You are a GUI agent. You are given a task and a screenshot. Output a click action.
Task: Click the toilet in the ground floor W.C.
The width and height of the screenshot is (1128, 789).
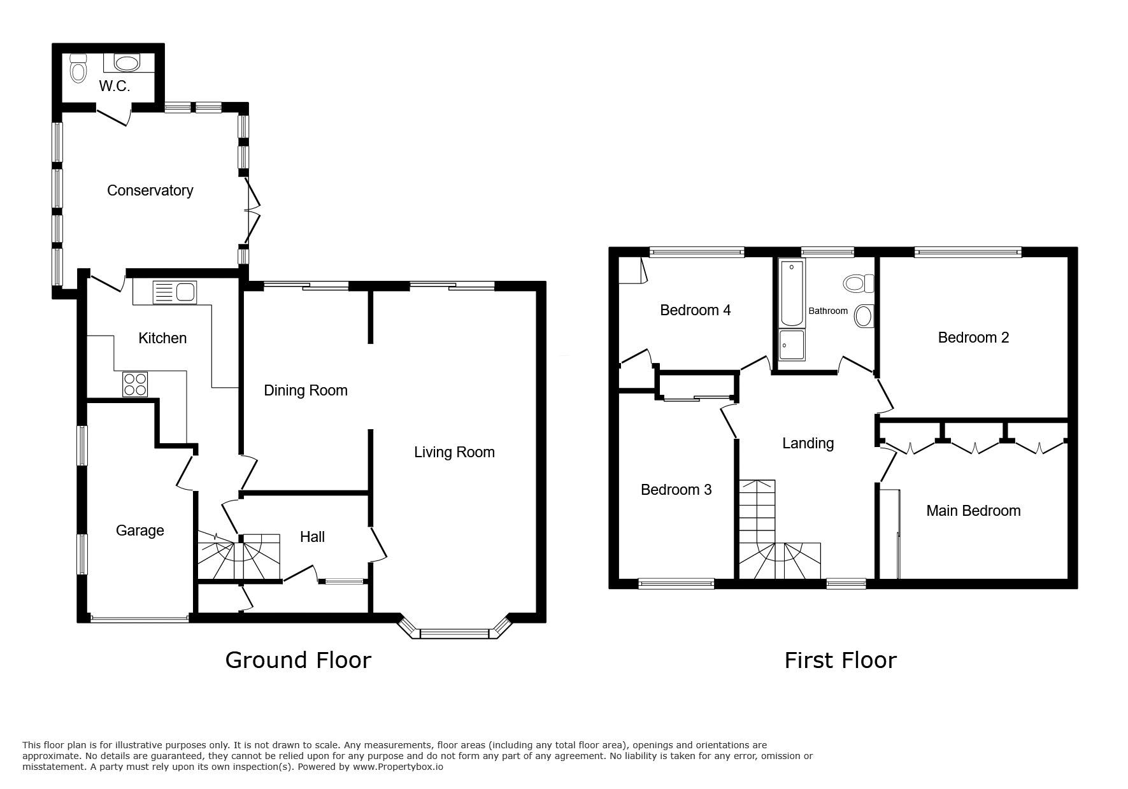coord(78,68)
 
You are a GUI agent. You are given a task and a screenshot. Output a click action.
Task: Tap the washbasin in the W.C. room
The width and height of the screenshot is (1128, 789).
coord(127,63)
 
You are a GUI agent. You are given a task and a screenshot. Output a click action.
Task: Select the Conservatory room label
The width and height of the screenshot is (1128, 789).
coord(150,190)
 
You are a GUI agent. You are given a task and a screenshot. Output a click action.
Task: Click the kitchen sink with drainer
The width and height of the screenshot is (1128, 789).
coord(175,292)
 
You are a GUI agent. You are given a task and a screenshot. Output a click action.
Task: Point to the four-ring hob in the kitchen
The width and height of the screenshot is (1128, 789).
coord(135,385)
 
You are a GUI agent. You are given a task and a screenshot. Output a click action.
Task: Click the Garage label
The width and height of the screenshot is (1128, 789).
coord(140,530)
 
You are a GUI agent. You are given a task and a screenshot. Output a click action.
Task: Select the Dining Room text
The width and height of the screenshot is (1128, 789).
coord(306,390)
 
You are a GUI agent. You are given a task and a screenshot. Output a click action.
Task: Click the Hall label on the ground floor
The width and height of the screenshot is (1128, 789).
coord(312,537)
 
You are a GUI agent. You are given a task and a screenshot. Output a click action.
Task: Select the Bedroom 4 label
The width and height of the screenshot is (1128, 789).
coord(695,310)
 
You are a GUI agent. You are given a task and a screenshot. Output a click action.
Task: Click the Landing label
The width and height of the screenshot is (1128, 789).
coord(808,443)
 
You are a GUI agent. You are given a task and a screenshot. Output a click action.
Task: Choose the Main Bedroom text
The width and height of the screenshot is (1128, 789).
coord(973,511)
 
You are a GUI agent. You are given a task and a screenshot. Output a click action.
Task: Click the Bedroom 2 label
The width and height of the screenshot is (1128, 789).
coord(973,338)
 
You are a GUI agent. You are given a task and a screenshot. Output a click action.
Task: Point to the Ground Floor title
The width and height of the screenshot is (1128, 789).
coord(298,660)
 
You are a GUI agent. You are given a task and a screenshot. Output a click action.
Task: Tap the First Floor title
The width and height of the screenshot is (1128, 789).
coord(840,660)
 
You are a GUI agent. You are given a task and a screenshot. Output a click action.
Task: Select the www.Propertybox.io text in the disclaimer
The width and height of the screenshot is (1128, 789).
coord(398,767)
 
